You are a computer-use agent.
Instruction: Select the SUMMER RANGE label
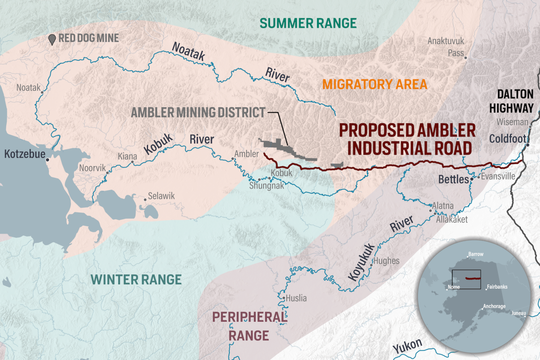pyautogui.click(x=308, y=22)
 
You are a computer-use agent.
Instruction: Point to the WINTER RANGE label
pyautogui.click(x=136, y=280)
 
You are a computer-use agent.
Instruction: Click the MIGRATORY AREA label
pyautogui.click(x=374, y=85)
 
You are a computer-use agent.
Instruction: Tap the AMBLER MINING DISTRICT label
pyautogui.click(x=198, y=112)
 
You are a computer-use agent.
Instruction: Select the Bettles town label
pyautogui.click(x=453, y=180)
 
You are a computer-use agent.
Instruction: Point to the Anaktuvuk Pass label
pyautogui.click(x=446, y=47)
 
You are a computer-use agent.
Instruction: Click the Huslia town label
pyautogui.click(x=296, y=298)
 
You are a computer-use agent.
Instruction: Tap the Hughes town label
pyautogui.click(x=385, y=261)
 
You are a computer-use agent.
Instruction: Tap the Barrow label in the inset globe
pyautogui.click(x=476, y=254)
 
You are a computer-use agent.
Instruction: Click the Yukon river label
pyautogui.click(x=407, y=346)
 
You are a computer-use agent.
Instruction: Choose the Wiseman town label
pyautogui.click(x=512, y=122)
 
